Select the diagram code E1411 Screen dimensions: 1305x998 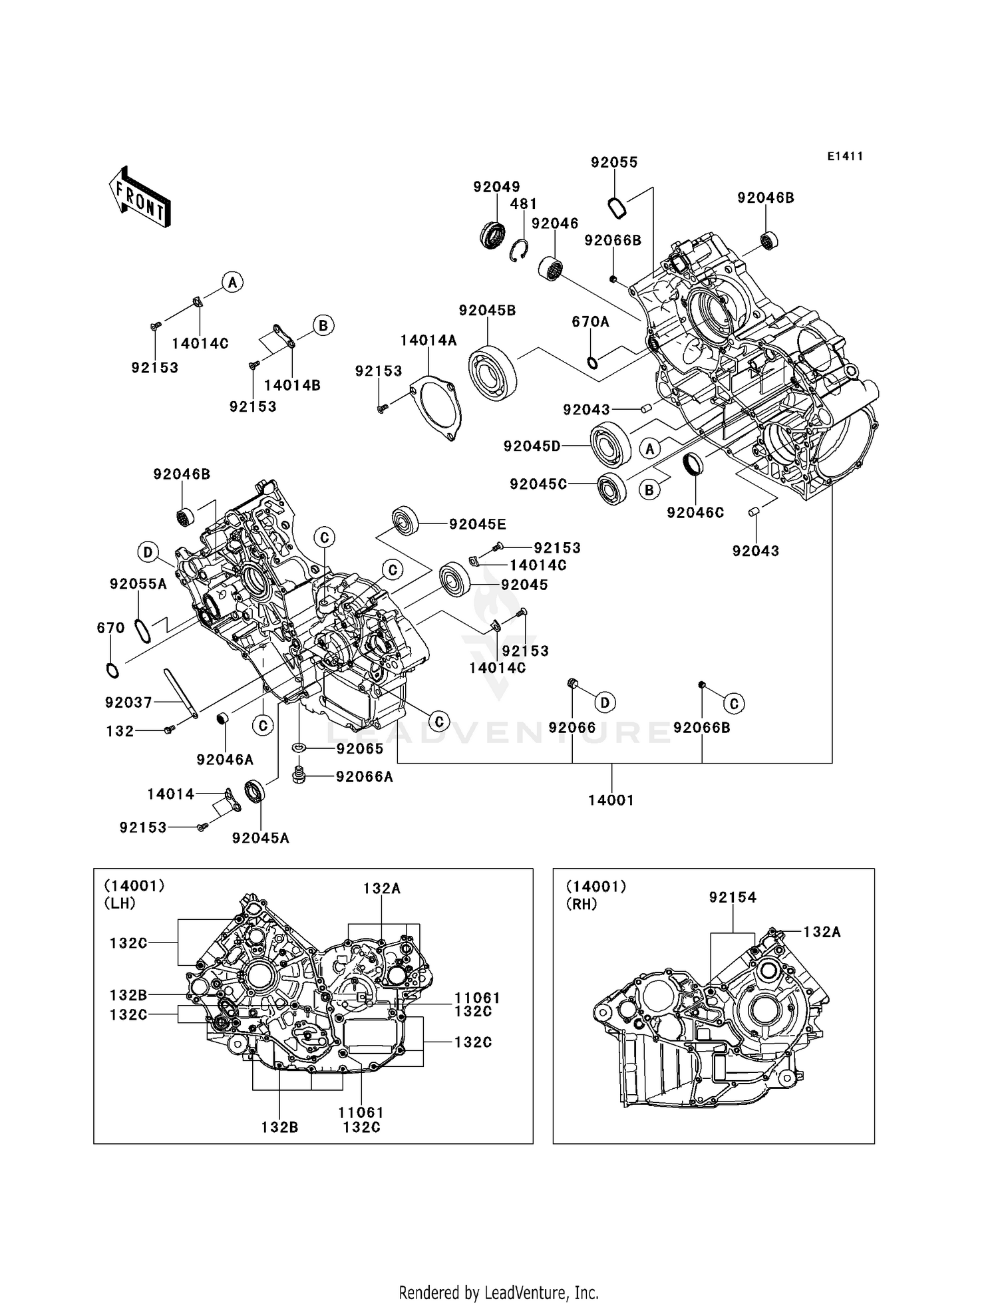(845, 156)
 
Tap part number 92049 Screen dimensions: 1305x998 (496, 187)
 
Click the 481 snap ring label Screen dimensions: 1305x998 (524, 204)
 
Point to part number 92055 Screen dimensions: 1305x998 (614, 162)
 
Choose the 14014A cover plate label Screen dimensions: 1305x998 (428, 341)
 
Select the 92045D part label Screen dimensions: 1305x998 (532, 446)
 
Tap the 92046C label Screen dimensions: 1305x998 (695, 513)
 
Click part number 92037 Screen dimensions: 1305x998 (128, 702)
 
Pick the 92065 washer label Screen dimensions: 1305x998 (360, 749)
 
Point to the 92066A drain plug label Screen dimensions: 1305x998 (365, 777)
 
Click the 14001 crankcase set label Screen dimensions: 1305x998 (611, 800)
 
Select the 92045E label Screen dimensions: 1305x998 (477, 524)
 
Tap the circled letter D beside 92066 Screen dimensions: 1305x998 (605, 702)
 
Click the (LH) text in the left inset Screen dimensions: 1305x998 (120, 903)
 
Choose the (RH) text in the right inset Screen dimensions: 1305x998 (581, 905)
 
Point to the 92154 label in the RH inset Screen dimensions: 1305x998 (733, 898)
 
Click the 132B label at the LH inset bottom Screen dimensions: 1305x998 (279, 1127)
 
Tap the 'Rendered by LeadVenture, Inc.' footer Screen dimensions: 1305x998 (498, 1292)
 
